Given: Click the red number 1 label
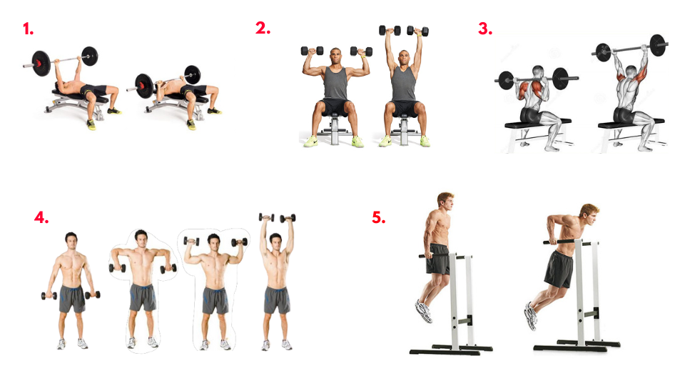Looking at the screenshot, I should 29,29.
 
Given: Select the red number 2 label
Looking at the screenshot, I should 263,29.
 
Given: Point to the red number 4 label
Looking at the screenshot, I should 41,217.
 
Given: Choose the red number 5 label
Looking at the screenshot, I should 379,217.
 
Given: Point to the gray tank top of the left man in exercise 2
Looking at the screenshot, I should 335,84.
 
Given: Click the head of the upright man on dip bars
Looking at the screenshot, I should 445,202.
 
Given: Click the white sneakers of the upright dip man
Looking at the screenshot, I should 424,311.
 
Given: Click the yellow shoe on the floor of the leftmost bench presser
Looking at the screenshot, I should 91,124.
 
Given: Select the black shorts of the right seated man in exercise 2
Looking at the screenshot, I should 405,108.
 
